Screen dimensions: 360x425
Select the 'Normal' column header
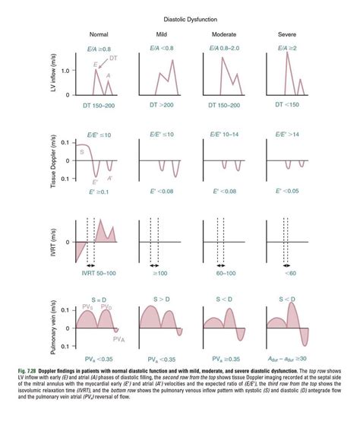tap(99, 35)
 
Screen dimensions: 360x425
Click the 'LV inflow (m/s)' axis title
tap(52, 76)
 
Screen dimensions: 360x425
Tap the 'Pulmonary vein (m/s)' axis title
tap(52, 322)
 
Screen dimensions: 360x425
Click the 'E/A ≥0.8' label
tap(99, 48)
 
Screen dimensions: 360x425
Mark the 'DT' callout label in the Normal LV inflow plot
tap(112, 59)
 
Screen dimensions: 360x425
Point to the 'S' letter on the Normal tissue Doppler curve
tap(81, 152)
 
